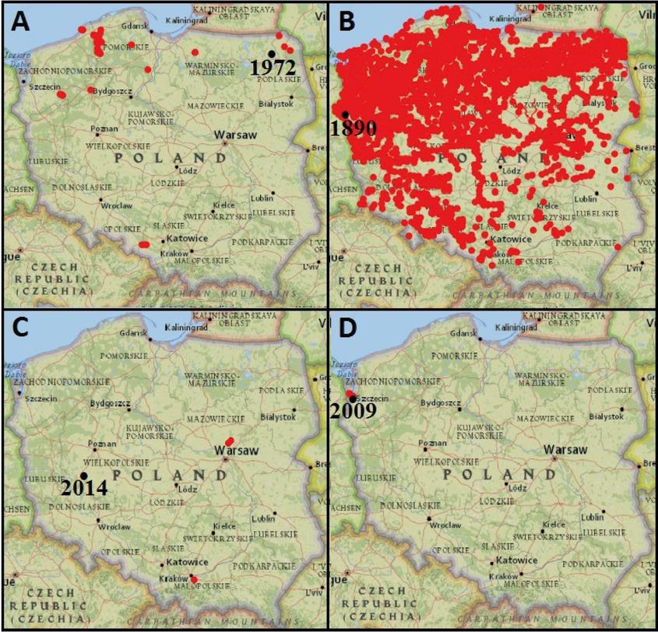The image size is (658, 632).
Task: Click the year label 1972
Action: point(273,68)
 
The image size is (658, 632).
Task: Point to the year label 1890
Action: point(354,128)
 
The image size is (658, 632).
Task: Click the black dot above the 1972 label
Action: point(271,53)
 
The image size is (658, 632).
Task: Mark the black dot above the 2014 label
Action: point(83,476)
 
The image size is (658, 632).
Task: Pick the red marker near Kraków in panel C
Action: point(194,578)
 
